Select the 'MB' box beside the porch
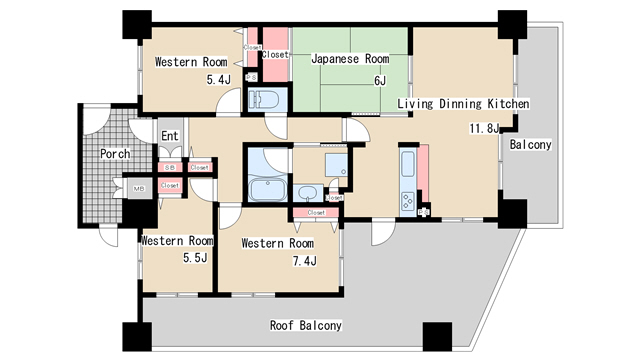coord(136,186)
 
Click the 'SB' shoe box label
coord(170,167)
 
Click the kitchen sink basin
coord(408,164)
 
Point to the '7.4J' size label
coord(304,262)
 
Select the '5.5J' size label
coord(194,259)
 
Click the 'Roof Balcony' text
coord(306,326)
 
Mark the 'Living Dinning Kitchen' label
coord(462,104)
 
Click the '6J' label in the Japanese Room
coord(379,80)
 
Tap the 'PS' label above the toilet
coord(251,77)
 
